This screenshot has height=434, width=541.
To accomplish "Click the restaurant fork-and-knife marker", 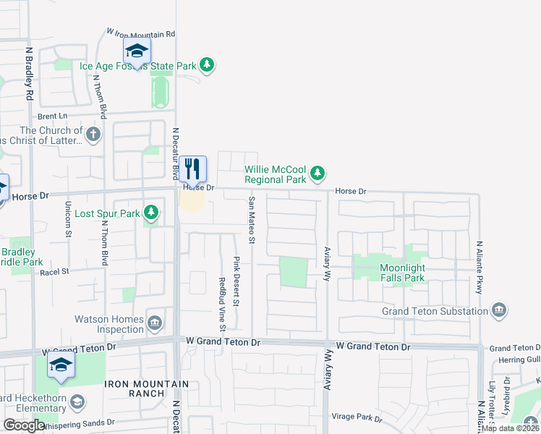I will point(193,169).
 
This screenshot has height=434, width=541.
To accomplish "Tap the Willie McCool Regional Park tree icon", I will point(318,173).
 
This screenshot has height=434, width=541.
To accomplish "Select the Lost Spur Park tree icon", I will point(151,213).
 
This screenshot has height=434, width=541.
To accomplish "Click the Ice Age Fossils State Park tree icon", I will point(208,65).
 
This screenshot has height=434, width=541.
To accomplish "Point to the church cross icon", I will point(93,134).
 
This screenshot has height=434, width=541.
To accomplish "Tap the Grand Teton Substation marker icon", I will point(499,311).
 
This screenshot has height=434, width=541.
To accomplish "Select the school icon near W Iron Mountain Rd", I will point(136,51).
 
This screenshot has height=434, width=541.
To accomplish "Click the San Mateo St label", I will point(252,220).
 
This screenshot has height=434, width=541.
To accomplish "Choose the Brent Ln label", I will point(52,116).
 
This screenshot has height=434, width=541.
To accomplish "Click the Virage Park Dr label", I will point(357,417).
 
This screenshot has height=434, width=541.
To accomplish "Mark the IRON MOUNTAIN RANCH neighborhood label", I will point(146,389).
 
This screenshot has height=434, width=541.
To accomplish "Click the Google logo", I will point(24,425).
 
